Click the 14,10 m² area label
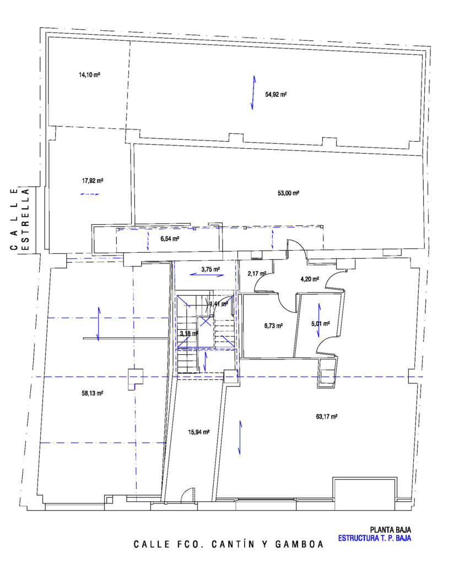(89, 75)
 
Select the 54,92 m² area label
(276, 95)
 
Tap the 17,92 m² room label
(93, 181)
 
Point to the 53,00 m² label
(289, 193)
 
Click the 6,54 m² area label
(170, 238)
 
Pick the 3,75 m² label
(210, 269)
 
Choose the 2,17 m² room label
(257, 274)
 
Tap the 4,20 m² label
(310, 279)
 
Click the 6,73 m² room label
(273, 326)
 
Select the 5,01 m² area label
(321, 324)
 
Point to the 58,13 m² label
(93, 393)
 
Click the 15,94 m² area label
(198, 432)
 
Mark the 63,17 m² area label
(327, 416)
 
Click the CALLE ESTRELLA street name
(20, 219)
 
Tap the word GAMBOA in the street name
(300, 544)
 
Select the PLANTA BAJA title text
(390, 530)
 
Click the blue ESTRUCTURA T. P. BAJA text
(375, 539)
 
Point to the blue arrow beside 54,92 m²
(253, 93)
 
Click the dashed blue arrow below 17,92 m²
(90, 194)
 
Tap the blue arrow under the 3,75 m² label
(207, 275)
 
